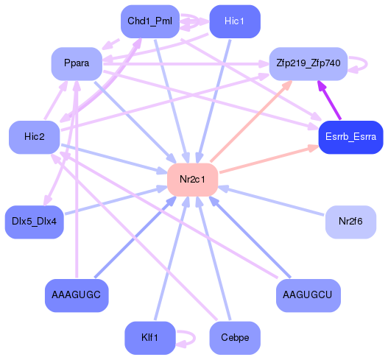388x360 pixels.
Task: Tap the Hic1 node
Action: [233, 21]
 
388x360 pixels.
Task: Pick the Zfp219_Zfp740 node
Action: [308, 63]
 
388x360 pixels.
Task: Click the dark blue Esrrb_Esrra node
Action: [350, 137]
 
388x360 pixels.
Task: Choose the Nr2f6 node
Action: [350, 221]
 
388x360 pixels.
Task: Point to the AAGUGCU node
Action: [308, 295]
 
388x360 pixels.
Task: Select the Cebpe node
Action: [235, 338]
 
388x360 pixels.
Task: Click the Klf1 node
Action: [149, 338]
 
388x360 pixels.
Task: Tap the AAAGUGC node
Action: [77, 295]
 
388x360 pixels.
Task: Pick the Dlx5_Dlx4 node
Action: [35, 221]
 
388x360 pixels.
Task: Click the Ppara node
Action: [77, 63]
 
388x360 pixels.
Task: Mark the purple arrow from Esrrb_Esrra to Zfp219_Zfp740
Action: [330, 100]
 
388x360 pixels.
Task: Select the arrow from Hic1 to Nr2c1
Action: [214, 96]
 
